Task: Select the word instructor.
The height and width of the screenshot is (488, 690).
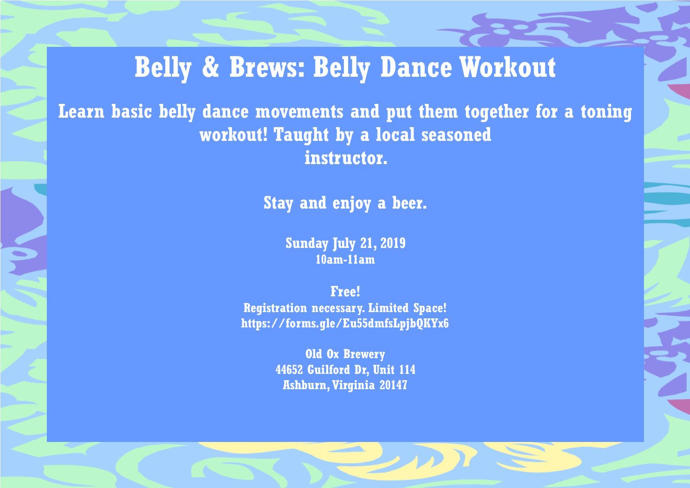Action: [346, 158]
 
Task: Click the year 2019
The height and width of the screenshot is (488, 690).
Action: [393, 243]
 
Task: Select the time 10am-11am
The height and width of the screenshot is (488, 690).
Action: [345, 260]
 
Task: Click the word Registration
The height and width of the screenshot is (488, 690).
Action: [275, 308]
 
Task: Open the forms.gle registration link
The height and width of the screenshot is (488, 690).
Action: [345, 324]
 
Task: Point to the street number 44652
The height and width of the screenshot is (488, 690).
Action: [289, 370]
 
